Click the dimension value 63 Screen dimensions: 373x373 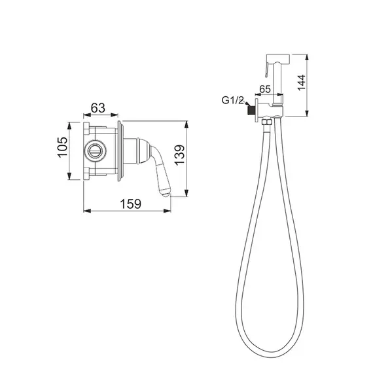coord(98,108)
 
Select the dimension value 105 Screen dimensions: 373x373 coord(63,147)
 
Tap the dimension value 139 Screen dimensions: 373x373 coord(179,154)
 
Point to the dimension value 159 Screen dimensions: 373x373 coord(130,204)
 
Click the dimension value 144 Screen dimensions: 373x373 coord(302,82)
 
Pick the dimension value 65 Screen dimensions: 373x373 coord(265,89)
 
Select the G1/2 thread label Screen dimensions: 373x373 coord(232,100)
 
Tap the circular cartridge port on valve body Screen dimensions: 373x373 coord(96,151)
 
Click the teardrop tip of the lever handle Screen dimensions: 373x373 coord(165,192)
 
